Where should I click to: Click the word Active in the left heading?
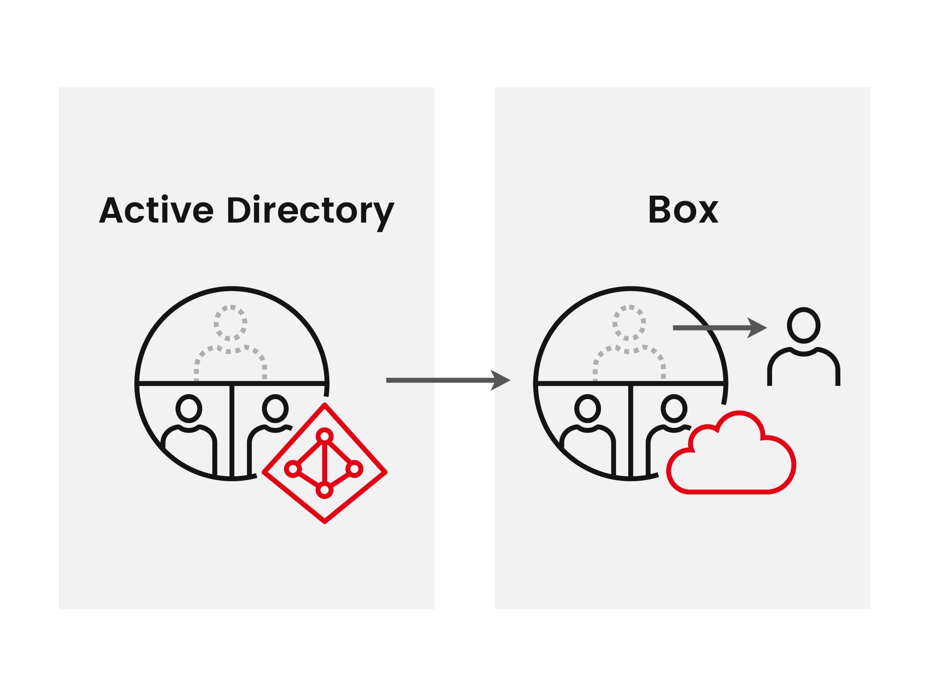pos(156,210)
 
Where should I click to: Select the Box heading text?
pos(683,210)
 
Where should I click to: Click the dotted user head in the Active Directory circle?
pos(230,323)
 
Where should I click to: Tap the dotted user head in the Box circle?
pos(629,323)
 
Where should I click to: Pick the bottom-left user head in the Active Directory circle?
pos(189,408)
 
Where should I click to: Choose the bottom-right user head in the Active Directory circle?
pos(275,408)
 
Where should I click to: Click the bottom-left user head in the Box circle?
pos(587,408)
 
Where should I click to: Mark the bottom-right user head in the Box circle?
pos(673,408)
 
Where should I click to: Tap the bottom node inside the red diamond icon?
pos(324,490)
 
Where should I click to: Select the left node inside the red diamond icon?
pos(293,469)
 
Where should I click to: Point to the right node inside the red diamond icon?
pos(354,469)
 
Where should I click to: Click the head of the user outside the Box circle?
pos(803,325)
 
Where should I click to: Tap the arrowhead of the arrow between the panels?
pos(500,380)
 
